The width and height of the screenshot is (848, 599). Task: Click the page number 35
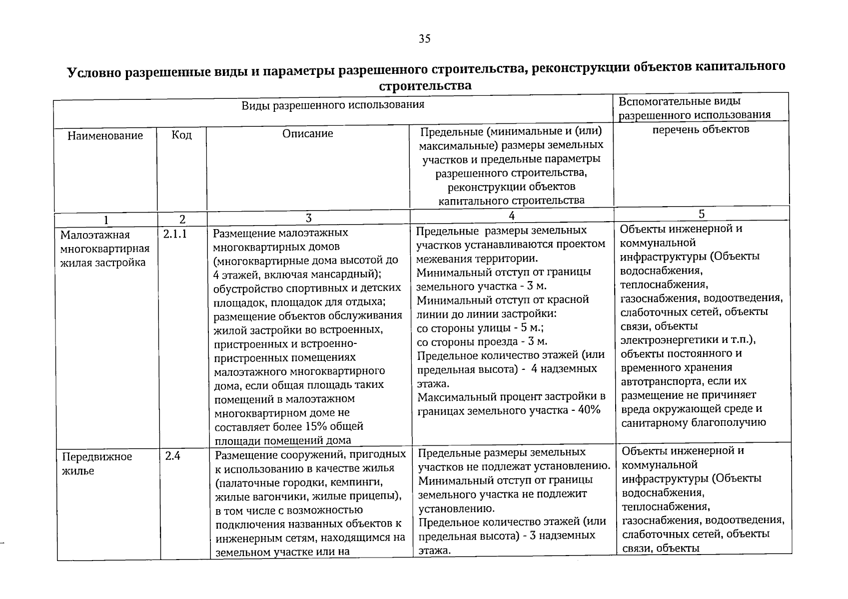(424, 39)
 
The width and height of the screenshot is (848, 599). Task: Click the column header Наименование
(105, 136)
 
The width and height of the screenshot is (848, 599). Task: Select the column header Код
(181, 135)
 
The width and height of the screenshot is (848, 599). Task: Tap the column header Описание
(307, 134)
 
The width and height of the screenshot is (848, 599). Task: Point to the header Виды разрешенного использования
(333, 105)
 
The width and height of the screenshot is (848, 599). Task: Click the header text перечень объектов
(701, 130)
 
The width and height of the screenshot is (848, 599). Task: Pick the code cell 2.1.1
(175, 234)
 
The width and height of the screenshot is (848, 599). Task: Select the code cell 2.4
(172, 456)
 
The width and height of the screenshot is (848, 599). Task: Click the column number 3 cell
(308, 218)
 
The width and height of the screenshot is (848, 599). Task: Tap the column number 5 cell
(701, 214)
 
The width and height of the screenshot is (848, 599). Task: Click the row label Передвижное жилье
(96, 464)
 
